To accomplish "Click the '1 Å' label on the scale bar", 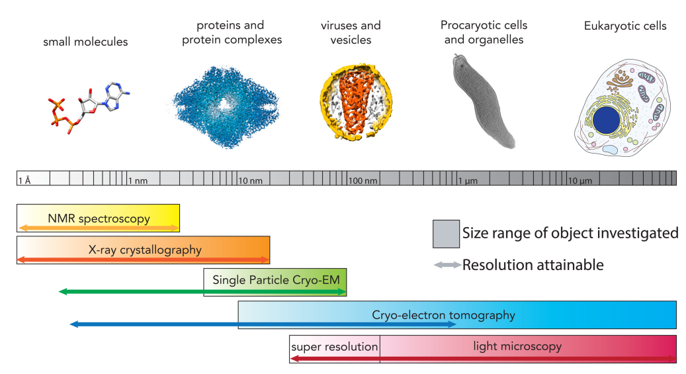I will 24,180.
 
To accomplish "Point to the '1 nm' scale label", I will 138,180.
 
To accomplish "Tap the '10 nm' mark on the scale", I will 250,180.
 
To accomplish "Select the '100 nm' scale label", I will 363,180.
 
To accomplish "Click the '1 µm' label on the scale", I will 468,180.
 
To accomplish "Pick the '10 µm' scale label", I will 579,180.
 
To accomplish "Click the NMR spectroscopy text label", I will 99,218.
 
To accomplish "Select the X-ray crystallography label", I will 144,250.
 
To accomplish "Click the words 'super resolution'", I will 334,346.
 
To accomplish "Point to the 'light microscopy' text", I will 517,346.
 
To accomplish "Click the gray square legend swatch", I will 445,234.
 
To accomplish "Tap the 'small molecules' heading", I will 85,42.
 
